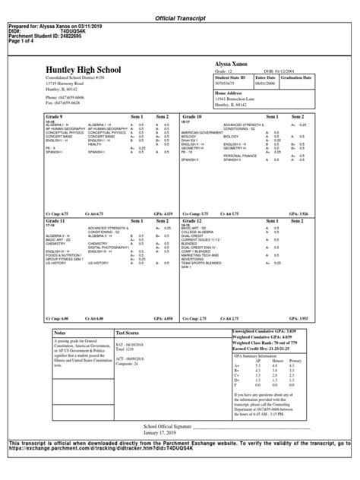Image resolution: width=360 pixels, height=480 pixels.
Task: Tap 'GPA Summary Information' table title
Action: [x=260, y=355]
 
